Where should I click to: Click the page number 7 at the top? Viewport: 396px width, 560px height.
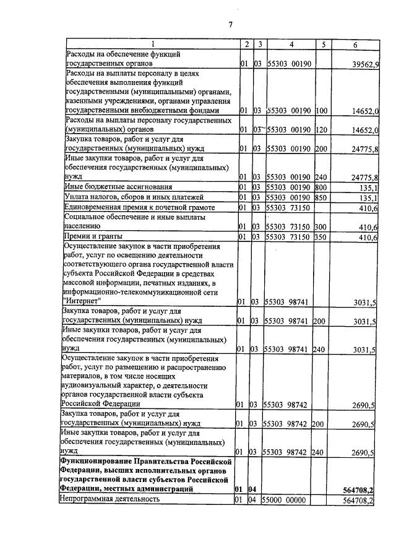(230, 25)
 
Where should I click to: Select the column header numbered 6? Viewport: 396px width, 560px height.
(355, 45)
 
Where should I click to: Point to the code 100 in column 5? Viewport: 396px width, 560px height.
(321, 111)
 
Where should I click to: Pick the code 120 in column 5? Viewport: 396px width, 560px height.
(321, 131)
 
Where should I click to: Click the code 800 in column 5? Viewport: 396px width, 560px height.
(321, 186)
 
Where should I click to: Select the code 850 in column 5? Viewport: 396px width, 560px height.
(321, 197)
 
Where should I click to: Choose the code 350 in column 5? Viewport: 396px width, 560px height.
(321, 237)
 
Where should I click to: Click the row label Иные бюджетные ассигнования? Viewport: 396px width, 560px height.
(114, 186)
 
